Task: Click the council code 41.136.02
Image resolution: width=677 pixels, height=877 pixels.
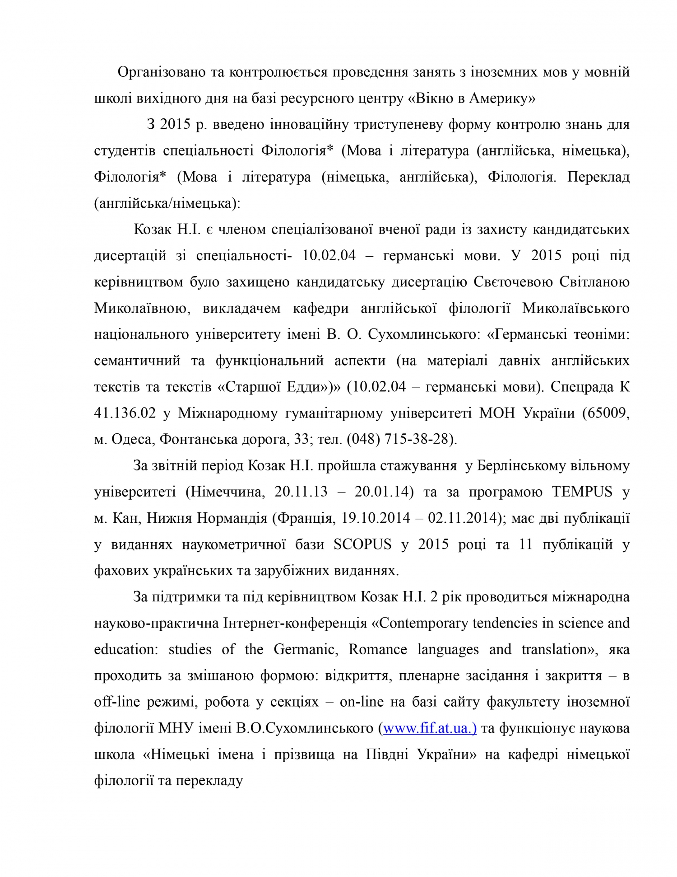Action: point(125,413)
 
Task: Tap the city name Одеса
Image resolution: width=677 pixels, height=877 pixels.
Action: point(131,439)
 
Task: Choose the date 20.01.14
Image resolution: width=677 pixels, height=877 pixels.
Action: point(384,492)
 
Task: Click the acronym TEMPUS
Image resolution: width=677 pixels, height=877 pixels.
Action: point(582,492)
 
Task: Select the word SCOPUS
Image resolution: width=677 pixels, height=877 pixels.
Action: point(362,544)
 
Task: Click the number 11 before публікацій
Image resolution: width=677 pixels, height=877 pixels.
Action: point(526,544)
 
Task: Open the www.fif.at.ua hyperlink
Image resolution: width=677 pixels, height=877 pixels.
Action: point(429,728)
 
